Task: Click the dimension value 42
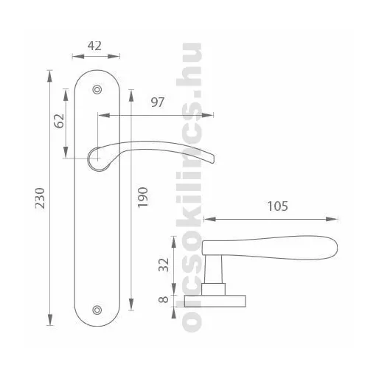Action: (x=94, y=46)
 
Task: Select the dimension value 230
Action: (x=40, y=198)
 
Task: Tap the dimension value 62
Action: (x=59, y=121)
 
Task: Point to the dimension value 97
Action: (x=157, y=102)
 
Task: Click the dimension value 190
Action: (x=142, y=198)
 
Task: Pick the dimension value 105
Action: (x=277, y=206)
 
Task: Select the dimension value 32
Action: (x=164, y=265)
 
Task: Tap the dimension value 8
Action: (x=164, y=299)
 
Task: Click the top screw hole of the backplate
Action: (x=97, y=90)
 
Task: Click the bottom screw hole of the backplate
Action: (x=97, y=310)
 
